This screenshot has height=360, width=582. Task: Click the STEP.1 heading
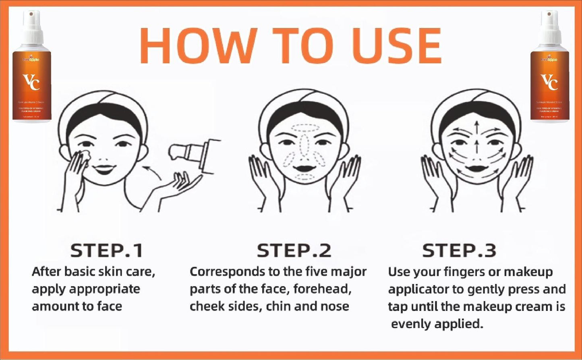coord(107,250)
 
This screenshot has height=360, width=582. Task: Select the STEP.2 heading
coord(294,250)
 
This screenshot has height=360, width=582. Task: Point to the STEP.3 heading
coord(459,250)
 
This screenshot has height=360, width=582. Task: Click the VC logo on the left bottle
coord(31,82)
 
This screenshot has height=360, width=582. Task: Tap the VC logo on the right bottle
coord(549,82)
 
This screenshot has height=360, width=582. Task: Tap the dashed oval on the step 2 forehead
coord(305,128)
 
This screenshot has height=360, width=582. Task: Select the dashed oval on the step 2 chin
coord(304,177)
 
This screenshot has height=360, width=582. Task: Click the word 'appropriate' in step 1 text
coord(104,289)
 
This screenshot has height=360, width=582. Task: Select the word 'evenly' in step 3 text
coord(411,324)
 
